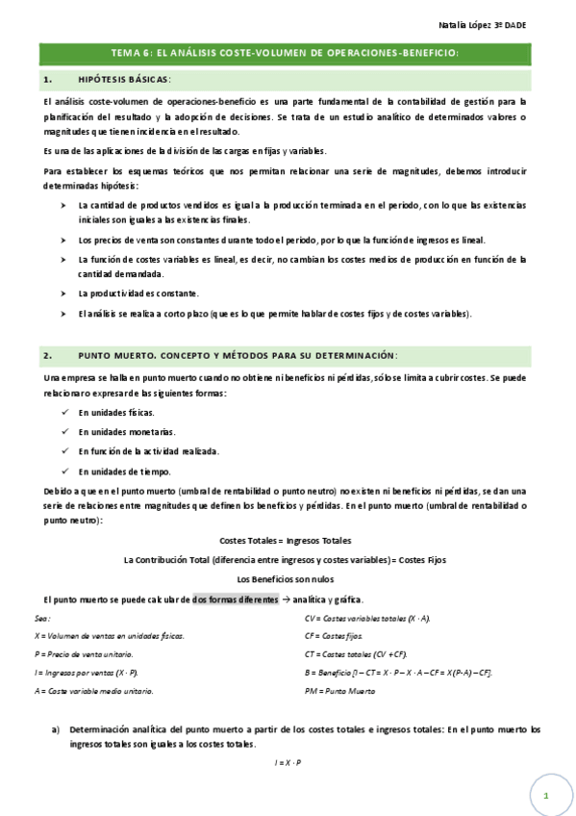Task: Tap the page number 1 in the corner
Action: (x=544, y=797)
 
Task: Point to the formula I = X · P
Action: (x=288, y=762)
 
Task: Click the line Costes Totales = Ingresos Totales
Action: (x=286, y=540)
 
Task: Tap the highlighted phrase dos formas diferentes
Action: (x=234, y=599)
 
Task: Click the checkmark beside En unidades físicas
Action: (x=63, y=412)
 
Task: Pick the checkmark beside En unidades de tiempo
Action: (x=63, y=471)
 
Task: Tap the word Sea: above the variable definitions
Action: (x=41, y=618)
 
